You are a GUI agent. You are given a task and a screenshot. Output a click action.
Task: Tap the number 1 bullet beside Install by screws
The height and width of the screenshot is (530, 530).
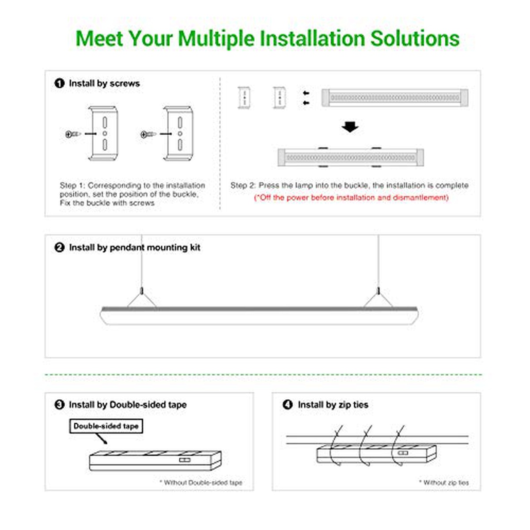click(59, 83)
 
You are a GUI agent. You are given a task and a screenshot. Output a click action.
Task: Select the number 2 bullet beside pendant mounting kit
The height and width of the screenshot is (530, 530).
click(59, 247)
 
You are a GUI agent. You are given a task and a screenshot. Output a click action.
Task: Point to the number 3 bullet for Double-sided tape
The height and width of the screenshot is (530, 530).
click(59, 405)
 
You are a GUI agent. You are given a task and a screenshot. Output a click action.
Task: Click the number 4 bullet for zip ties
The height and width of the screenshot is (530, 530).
click(288, 405)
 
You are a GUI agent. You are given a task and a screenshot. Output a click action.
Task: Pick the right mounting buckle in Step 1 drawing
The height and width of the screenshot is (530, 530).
click(178, 133)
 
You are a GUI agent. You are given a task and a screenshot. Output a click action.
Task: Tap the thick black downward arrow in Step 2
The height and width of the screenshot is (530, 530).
click(350, 127)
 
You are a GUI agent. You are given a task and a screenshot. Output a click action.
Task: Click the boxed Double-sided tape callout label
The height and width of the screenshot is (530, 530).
click(106, 426)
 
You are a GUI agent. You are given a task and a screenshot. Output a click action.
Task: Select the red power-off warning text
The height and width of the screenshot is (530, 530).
click(351, 197)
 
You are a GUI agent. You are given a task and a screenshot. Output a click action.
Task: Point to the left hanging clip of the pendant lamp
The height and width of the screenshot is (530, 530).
click(141, 291)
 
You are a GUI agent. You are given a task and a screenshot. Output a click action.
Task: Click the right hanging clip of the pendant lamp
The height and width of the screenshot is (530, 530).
click(378, 291)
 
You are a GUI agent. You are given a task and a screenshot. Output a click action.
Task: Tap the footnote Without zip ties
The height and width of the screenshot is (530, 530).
click(444, 483)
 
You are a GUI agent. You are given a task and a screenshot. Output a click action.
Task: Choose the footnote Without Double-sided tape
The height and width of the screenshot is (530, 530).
click(201, 483)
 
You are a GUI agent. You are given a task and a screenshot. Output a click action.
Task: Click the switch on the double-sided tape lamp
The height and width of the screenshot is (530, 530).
click(185, 460)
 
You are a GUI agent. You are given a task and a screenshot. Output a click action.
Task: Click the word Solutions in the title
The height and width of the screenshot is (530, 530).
click(415, 38)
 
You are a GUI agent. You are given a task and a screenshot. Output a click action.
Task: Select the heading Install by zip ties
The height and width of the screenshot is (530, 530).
click(333, 405)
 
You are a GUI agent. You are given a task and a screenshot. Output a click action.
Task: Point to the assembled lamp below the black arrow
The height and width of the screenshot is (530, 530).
click(350, 157)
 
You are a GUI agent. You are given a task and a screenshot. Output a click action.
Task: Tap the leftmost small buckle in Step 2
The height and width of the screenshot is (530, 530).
click(245, 97)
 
